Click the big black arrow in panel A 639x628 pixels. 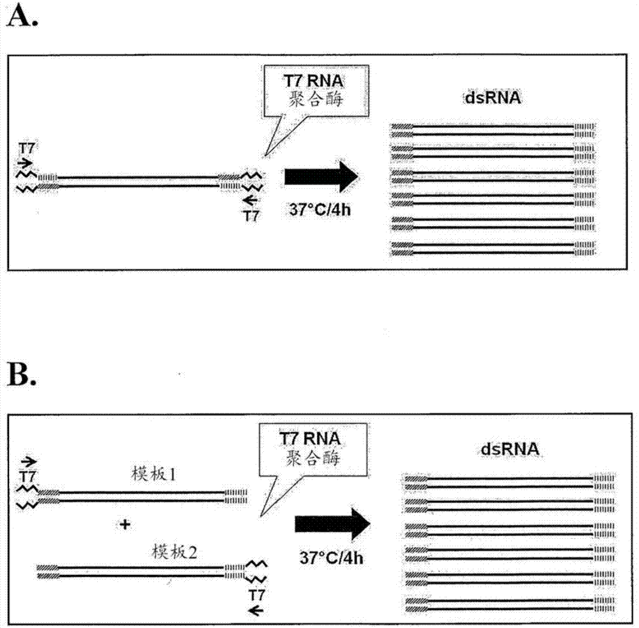pyautogui.click(x=319, y=176)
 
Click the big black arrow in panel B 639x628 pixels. pyautogui.click(x=332, y=524)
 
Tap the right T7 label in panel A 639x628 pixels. pyautogui.click(x=252, y=216)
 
